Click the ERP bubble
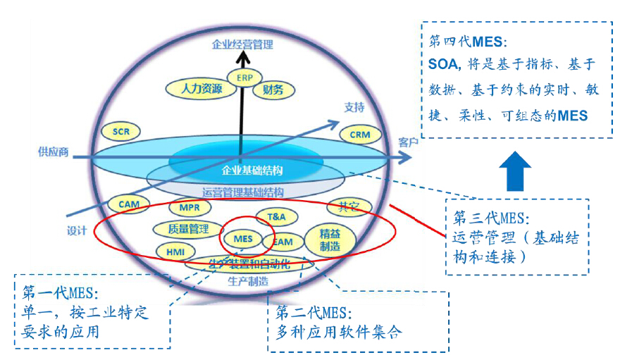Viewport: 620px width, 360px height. point(244,77)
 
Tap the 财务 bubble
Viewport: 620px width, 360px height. point(273,89)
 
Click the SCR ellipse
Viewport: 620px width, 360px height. point(121,131)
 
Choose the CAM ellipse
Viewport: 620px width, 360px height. point(129,204)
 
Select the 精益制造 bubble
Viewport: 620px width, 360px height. point(330,240)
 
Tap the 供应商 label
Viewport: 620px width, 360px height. point(54,151)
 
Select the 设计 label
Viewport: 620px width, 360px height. point(77,229)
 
